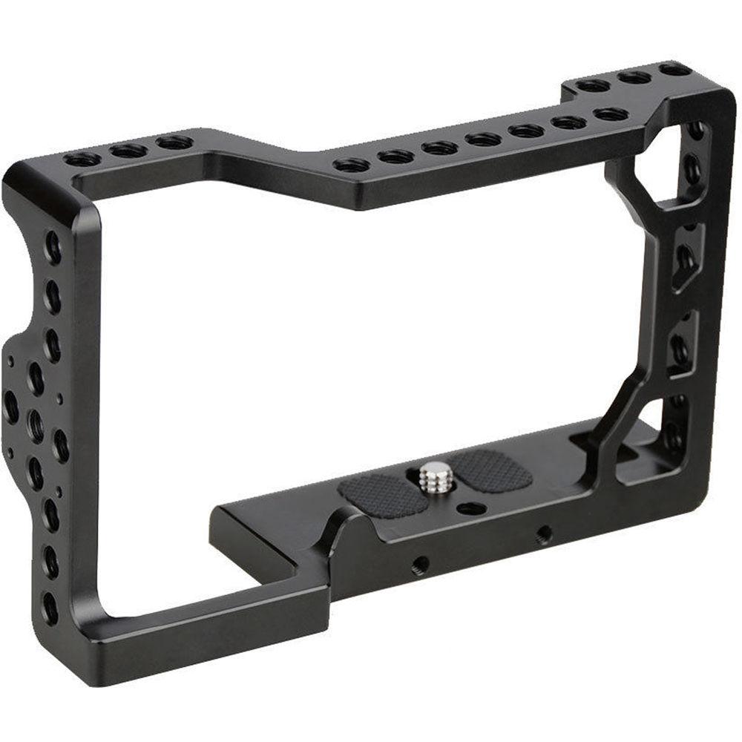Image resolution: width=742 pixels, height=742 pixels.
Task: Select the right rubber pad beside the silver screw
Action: (491, 470)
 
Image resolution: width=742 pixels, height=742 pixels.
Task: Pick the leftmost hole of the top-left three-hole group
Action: (82, 159)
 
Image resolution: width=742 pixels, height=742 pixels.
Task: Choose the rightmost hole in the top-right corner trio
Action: (674, 69)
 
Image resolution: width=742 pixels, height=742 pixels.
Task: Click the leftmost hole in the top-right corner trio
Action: (593, 85)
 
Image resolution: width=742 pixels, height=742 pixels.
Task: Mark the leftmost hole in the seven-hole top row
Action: (352, 164)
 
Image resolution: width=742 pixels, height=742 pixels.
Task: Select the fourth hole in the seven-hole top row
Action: (483, 139)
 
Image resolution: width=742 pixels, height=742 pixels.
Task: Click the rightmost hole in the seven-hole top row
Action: (611, 114)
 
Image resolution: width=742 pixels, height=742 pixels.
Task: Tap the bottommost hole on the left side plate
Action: (50, 608)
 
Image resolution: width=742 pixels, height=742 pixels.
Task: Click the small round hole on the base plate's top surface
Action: (469, 508)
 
